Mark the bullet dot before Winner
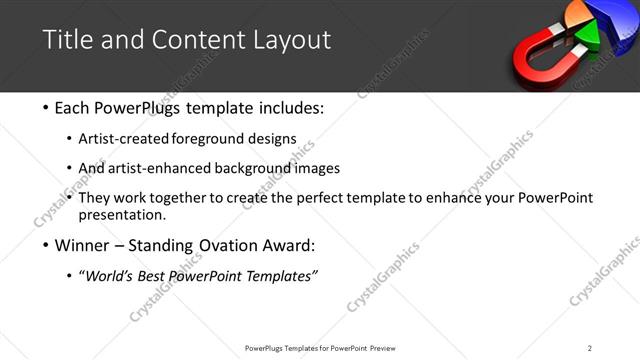tap(47, 246)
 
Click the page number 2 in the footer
tap(590, 348)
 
